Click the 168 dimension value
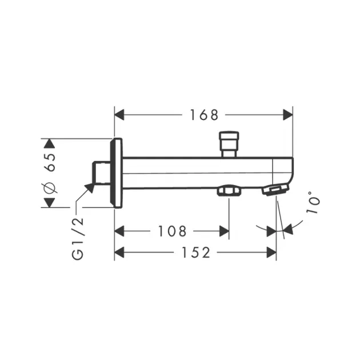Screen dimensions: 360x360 click(204, 115)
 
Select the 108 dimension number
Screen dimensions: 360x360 click(172, 231)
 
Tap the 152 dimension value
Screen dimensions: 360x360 click(196, 252)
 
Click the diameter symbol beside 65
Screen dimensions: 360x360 click(49, 187)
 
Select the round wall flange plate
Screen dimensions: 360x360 click(118, 173)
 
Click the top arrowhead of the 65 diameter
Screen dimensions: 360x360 click(50, 143)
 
